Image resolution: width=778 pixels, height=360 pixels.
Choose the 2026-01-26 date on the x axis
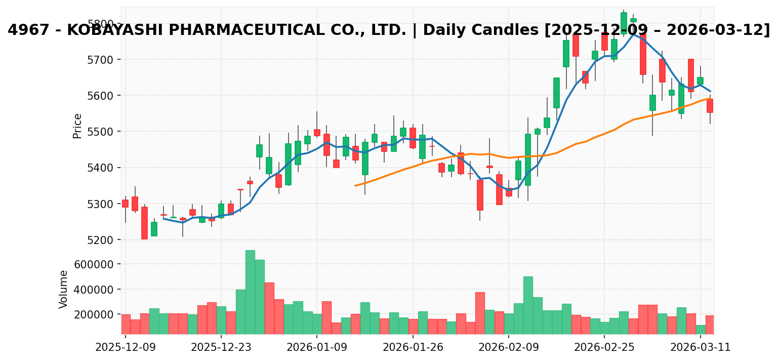[x=413, y=348]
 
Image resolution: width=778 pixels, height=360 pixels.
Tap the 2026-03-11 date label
[x=701, y=348]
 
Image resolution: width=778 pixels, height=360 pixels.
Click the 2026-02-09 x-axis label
[x=509, y=348]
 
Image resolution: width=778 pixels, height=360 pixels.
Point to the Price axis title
[x=77, y=126]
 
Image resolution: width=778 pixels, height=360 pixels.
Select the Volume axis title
[x=64, y=289]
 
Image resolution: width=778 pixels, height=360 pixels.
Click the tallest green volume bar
[x=250, y=292]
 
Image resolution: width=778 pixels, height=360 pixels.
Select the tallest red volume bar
[x=269, y=308]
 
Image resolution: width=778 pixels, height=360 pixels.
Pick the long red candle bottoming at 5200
[x=144, y=223]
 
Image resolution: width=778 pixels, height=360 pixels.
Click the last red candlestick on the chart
[x=710, y=106]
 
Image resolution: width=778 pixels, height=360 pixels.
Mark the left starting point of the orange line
[x=355, y=186]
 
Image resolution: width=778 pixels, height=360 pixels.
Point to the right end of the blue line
[x=710, y=91]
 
